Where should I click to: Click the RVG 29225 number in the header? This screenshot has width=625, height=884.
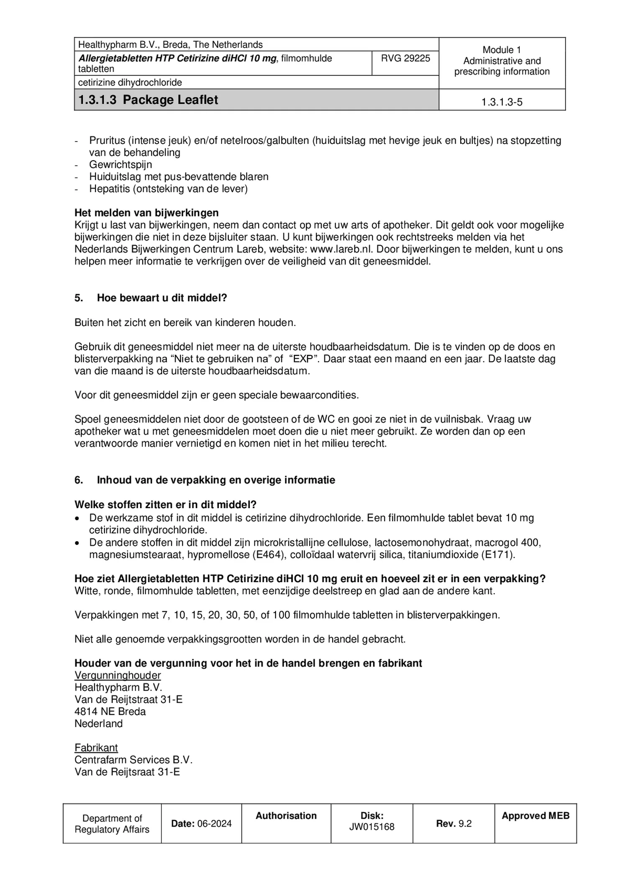click(405, 58)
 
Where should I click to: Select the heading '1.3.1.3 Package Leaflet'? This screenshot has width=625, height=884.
click(148, 100)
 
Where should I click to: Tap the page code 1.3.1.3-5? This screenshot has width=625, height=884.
click(502, 102)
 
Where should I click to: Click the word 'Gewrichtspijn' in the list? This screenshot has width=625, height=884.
click(120, 164)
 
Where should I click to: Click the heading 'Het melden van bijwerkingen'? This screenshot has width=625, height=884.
click(146, 213)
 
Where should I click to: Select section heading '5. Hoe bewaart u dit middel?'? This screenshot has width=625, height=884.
click(151, 298)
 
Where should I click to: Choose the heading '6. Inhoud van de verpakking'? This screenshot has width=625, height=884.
click(205, 480)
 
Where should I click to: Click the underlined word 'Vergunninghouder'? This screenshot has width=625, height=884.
click(118, 675)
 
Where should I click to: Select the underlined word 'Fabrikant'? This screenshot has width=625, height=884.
click(96, 748)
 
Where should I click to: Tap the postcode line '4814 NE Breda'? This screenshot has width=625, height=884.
click(110, 712)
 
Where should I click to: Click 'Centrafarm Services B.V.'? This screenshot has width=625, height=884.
click(133, 760)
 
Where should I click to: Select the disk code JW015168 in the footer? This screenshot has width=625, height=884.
click(371, 827)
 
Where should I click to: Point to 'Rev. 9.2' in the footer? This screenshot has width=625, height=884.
click(453, 823)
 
